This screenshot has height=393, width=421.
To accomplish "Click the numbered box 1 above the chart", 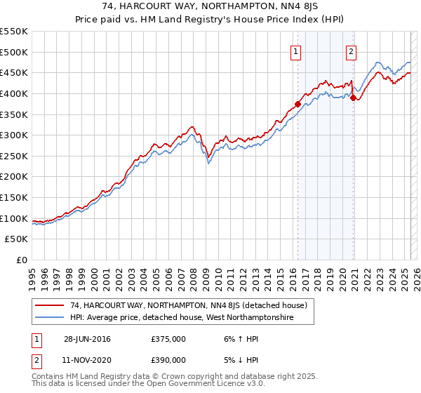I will [x=296, y=51].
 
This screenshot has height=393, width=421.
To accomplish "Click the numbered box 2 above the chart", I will [x=351, y=51].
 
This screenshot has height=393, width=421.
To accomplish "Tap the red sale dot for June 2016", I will [x=298, y=104].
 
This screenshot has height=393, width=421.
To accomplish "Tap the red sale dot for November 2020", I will [x=353, y=98].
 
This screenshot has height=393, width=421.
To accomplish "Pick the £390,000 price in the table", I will [x=168, y=359].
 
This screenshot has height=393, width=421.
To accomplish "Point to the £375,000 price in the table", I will [x=168, y=339].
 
